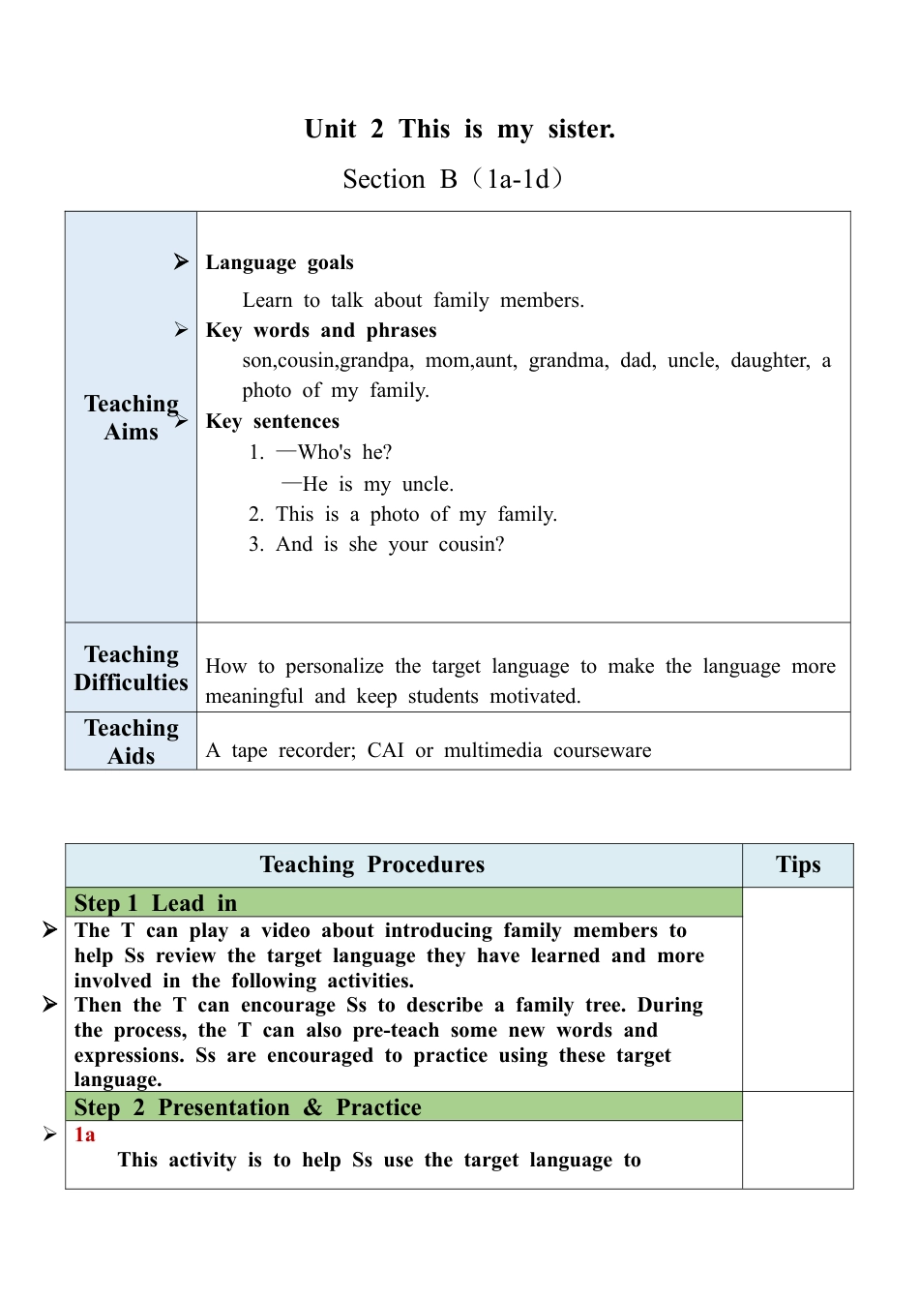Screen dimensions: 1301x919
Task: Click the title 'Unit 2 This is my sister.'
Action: click(x=459, y=129)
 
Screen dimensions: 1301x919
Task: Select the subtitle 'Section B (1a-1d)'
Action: click(x=453, y=179)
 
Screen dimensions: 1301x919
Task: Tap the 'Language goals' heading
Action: click(x=280, y=262)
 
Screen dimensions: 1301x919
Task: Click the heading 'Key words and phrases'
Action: click(x=321, y=330)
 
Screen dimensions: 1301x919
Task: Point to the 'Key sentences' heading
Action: click(x=273, y=421)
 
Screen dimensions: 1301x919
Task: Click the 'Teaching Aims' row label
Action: click(x=131, y=417)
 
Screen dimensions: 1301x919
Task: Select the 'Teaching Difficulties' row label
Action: click(x=131, y=668)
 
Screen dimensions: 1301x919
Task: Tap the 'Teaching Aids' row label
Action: click(x=131, y=741)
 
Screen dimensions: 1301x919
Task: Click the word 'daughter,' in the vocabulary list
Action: click(x=771, y=360)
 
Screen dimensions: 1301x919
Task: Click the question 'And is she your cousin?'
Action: click(x=390, y=544)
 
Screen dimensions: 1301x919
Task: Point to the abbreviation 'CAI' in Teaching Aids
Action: click(x=385, y=750)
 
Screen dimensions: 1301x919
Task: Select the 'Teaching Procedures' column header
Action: click(x=372, y=864)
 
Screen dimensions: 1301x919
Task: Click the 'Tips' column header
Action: click(x=798, y=864)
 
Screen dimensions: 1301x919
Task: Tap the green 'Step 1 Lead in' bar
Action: click(x=403, y=902)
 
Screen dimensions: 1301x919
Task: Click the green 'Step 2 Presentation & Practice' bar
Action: click(x=403, y=1106)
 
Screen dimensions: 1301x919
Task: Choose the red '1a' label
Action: click(x=85, y=1135)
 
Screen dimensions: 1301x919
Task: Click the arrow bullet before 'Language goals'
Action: click(x=181, y=261)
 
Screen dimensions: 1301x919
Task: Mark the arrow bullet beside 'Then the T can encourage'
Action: click(x=50, y=1004)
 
